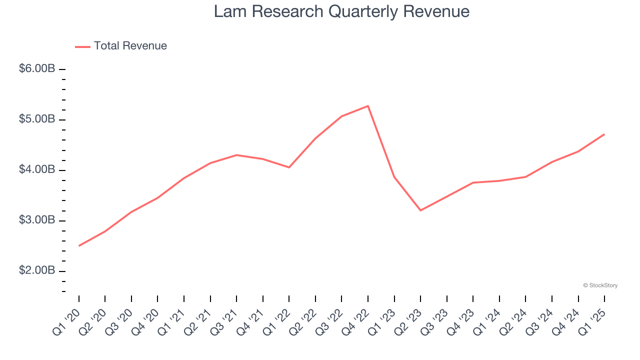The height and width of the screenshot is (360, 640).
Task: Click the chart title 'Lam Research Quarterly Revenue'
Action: tap(341, 12)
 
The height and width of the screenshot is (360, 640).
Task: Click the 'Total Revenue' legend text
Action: tap(130, 46)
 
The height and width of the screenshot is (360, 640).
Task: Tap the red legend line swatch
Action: tap(82, 46)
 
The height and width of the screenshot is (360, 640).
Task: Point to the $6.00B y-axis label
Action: tap(37, 69)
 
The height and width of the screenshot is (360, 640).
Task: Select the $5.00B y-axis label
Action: tap(37, 119)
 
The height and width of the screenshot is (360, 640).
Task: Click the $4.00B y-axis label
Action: tap(37, 170)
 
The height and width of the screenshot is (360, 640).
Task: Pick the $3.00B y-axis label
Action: tap(37, 220)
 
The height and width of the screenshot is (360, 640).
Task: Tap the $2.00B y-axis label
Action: tap(37, 271)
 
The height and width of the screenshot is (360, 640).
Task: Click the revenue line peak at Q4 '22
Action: tap(368, 106)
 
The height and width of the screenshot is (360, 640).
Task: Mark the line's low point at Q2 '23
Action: tap(420, 210)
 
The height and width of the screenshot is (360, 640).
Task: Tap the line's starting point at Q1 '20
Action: tap(79, 245)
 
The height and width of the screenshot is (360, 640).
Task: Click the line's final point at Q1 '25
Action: tap(604, 134)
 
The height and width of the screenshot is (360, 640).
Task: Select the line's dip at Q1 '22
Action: tap(289, 167)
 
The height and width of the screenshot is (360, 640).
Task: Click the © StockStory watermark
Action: tap(600, 285)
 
